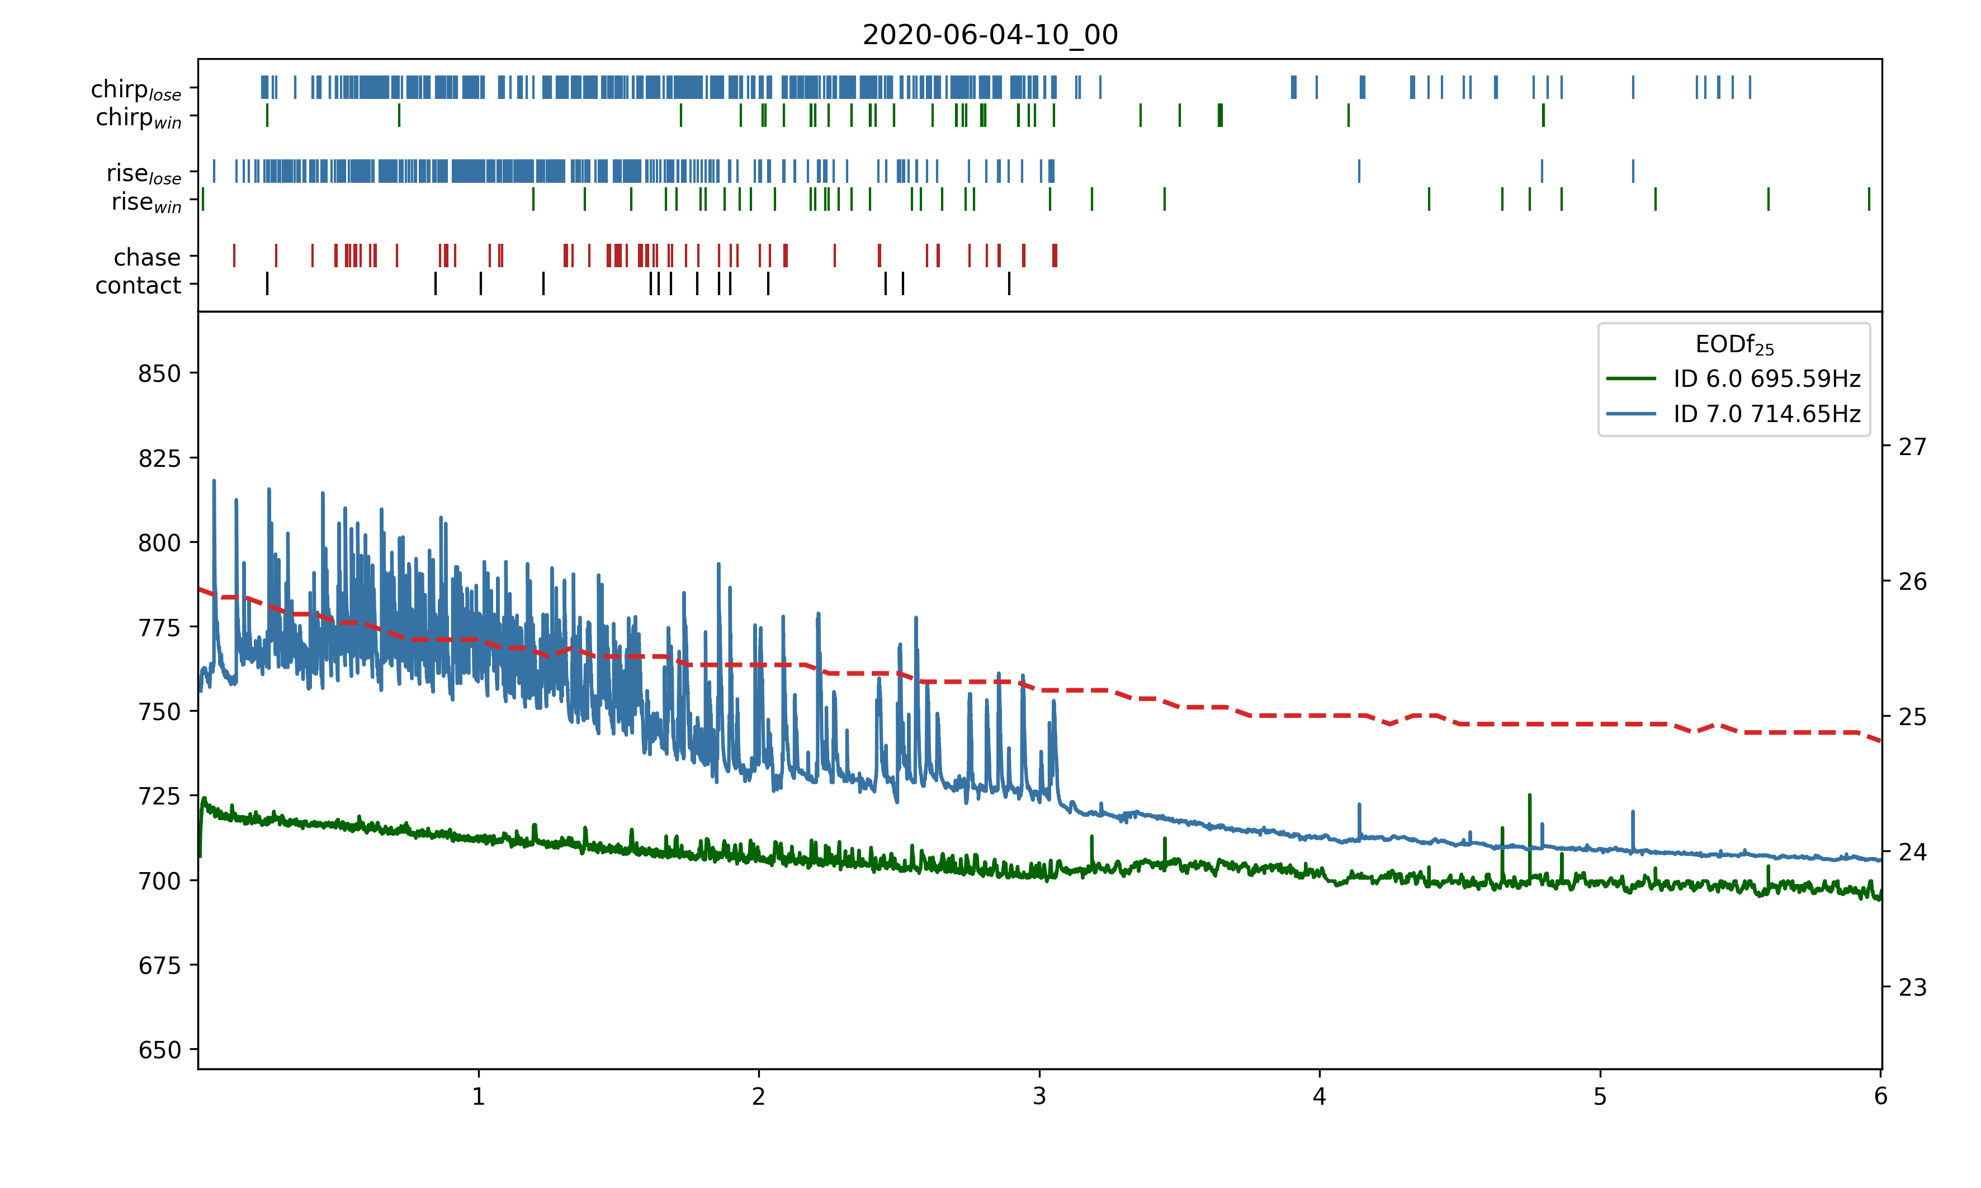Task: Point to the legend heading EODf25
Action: [1734, 345]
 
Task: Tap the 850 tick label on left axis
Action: [159, 374]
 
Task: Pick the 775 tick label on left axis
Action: [159, 628]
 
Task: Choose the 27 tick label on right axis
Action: [1912, 447]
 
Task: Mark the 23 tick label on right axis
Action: [1912, 988]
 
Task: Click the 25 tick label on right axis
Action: [1912, 717]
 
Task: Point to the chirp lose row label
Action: [136, 89]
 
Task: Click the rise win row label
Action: [146, 202]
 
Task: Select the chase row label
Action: [147, 257]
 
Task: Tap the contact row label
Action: [139, 285]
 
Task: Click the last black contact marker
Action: [1009, 283]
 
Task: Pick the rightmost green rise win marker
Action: [1869, 198]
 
